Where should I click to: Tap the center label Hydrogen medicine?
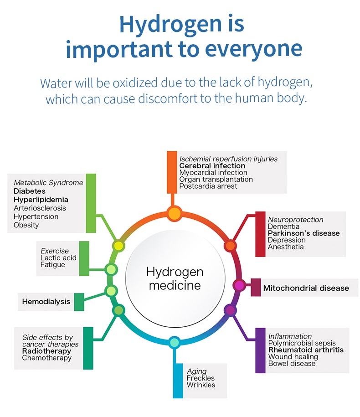tap(175, 279)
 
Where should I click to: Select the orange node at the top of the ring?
tap(174, 213)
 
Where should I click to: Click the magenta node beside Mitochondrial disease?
tap(239, 285)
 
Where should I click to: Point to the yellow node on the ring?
tap(118, 246)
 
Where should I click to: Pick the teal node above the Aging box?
tap(174, 342)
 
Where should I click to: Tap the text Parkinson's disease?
tap(303, 233)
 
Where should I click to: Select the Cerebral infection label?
tap(212, 166)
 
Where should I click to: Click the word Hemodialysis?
tap(46, 301)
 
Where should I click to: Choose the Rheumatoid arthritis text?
tap(306, 350)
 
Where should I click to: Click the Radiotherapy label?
tap(46, 351)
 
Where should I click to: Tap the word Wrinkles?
tap(201, 385)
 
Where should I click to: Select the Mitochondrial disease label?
tap(306, 288)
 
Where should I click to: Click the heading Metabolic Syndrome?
tap(48, 183)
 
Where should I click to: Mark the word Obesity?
tap(26, 225)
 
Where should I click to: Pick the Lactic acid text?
tap(58, 258)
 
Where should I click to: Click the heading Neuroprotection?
tap(295, 220)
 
